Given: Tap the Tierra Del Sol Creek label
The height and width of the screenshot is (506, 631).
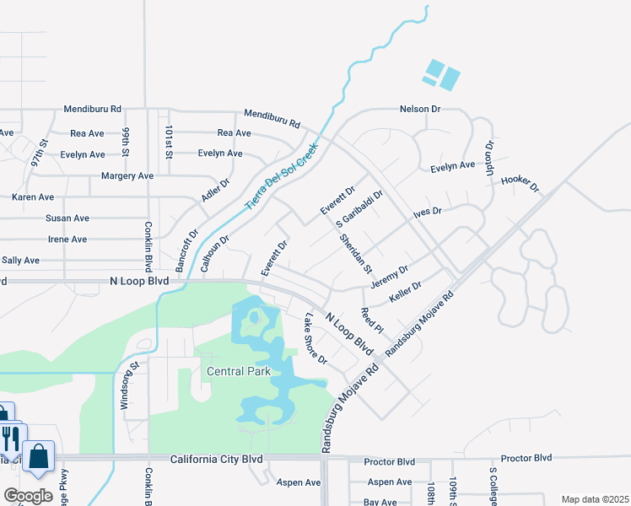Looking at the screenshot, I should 280,176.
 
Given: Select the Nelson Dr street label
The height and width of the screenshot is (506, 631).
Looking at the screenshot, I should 420,109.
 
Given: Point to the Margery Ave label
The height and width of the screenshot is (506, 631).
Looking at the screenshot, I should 127,175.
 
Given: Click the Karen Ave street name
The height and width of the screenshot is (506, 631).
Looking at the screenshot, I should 33,196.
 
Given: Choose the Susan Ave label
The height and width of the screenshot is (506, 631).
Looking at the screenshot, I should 67,218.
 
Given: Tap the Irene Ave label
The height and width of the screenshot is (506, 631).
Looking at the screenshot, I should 67,239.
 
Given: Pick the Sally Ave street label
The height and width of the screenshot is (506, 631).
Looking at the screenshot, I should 21,261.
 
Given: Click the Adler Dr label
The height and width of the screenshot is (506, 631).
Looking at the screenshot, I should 216,194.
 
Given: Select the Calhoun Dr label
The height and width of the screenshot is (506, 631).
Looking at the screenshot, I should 215,253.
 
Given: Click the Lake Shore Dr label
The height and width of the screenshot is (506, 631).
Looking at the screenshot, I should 315,339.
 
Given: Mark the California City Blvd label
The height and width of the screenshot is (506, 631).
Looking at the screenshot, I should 217,460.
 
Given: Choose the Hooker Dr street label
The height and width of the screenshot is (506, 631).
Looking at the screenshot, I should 519,183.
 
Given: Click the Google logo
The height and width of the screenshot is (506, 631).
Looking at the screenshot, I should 28,496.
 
